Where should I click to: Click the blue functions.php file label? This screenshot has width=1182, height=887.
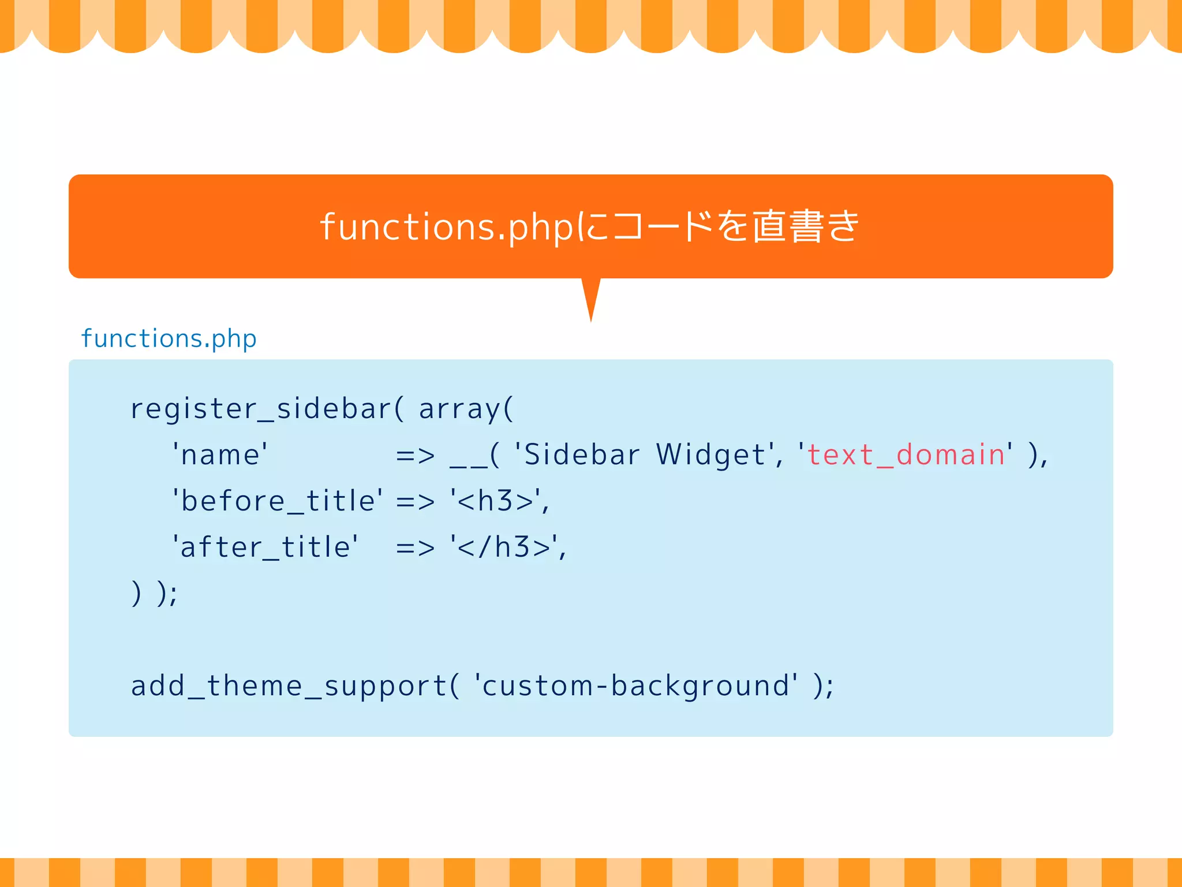(169, 338)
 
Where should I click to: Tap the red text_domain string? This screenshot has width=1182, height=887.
(906, 454)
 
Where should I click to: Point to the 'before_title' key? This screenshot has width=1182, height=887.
(278, 501)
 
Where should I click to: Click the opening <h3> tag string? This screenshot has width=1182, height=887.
(496, 501)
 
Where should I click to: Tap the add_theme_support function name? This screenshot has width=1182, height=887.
(289, 686)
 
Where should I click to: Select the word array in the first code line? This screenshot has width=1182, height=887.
(459, 409)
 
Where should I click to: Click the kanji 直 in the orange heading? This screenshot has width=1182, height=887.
(769, 226)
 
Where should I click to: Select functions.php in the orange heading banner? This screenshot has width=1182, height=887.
(447, 227)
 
